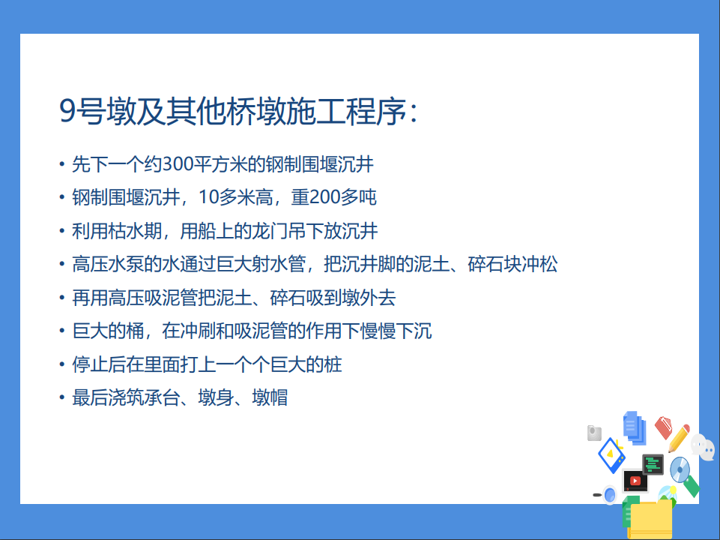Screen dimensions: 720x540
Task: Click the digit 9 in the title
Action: click(67, 112)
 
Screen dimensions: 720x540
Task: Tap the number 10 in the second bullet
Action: click(208, 197)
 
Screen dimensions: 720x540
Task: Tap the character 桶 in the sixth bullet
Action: click(135, 331)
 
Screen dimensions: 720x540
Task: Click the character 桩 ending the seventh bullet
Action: click(333, 364)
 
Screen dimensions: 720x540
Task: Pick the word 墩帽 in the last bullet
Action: click(270, 397)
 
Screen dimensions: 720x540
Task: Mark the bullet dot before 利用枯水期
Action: click(62, 231)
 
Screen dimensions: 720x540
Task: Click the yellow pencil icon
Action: click(679, 438)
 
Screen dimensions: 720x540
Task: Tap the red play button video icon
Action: click(635, 481)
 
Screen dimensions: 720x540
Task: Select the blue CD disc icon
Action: click(680, 469)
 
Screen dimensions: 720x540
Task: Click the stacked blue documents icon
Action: click(635, 427)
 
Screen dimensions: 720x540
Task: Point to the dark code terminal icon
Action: click(653, 465)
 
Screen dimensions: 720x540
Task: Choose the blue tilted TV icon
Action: click(611, 455)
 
